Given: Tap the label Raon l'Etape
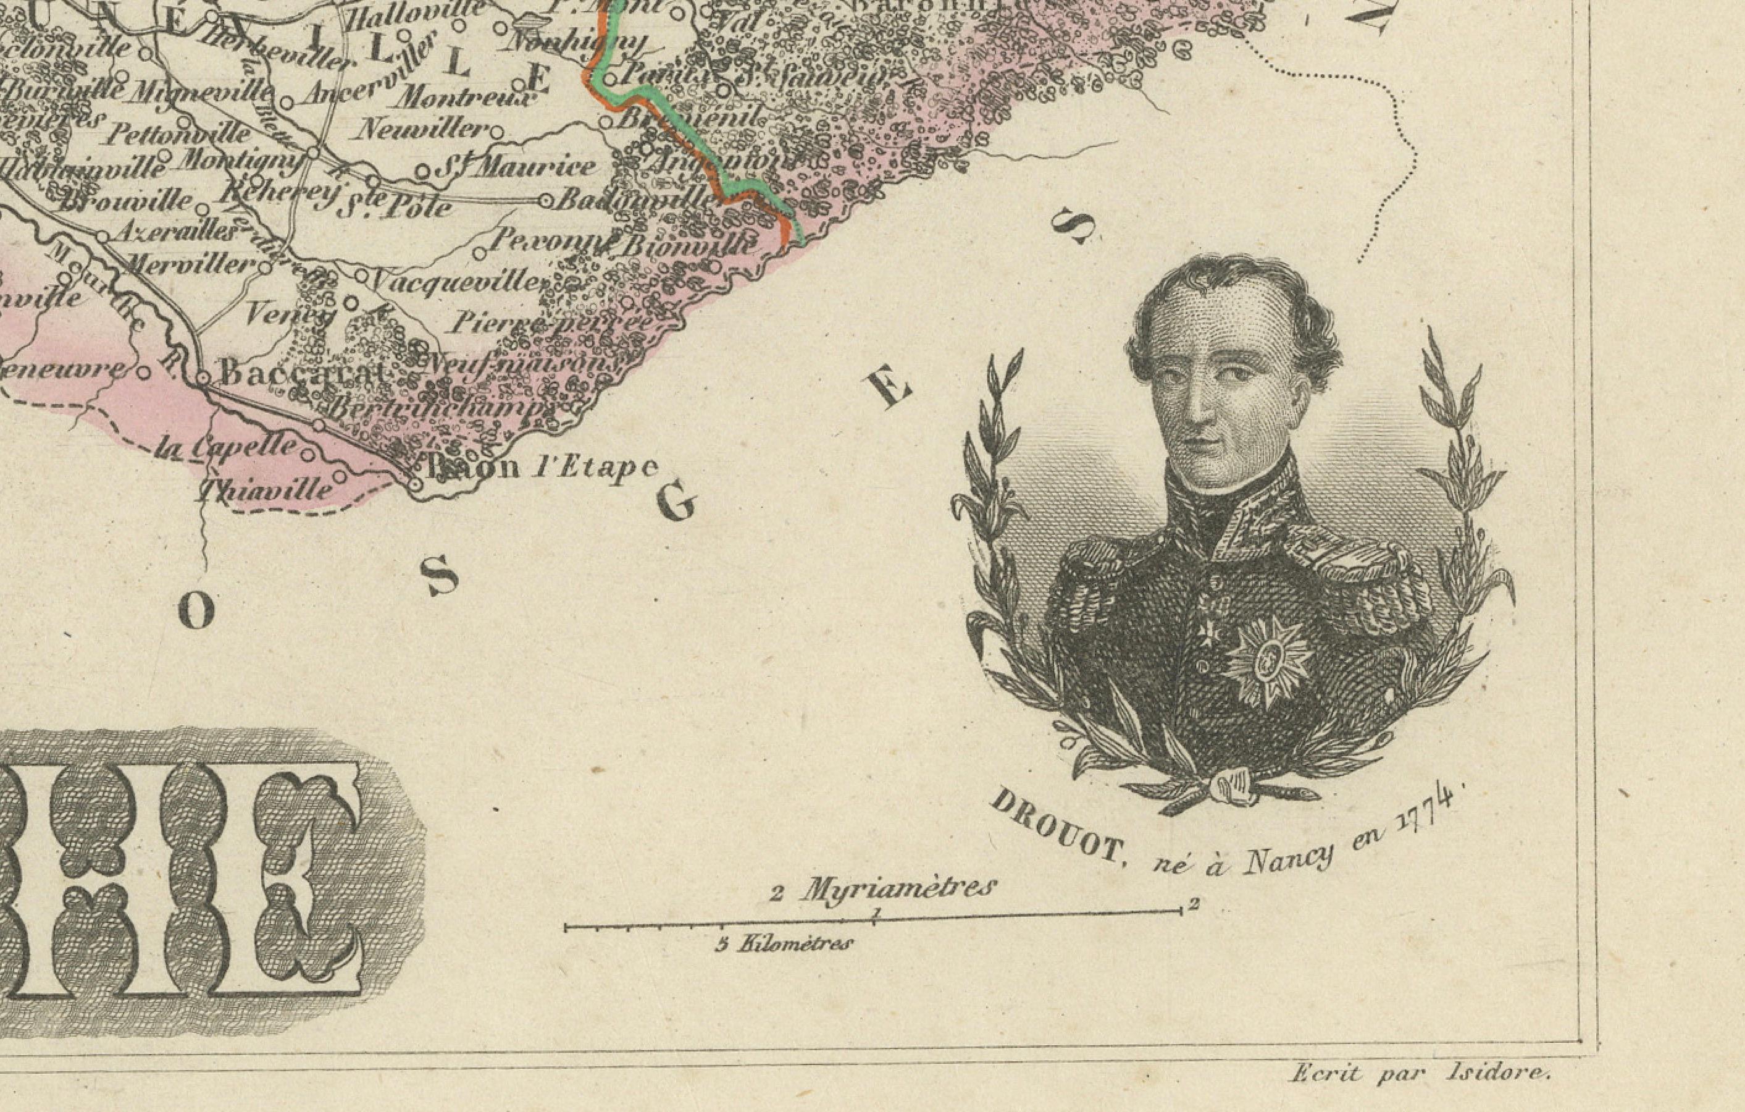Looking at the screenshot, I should [x=540, y=468].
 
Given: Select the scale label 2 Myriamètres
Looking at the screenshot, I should [x=882, y=890].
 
